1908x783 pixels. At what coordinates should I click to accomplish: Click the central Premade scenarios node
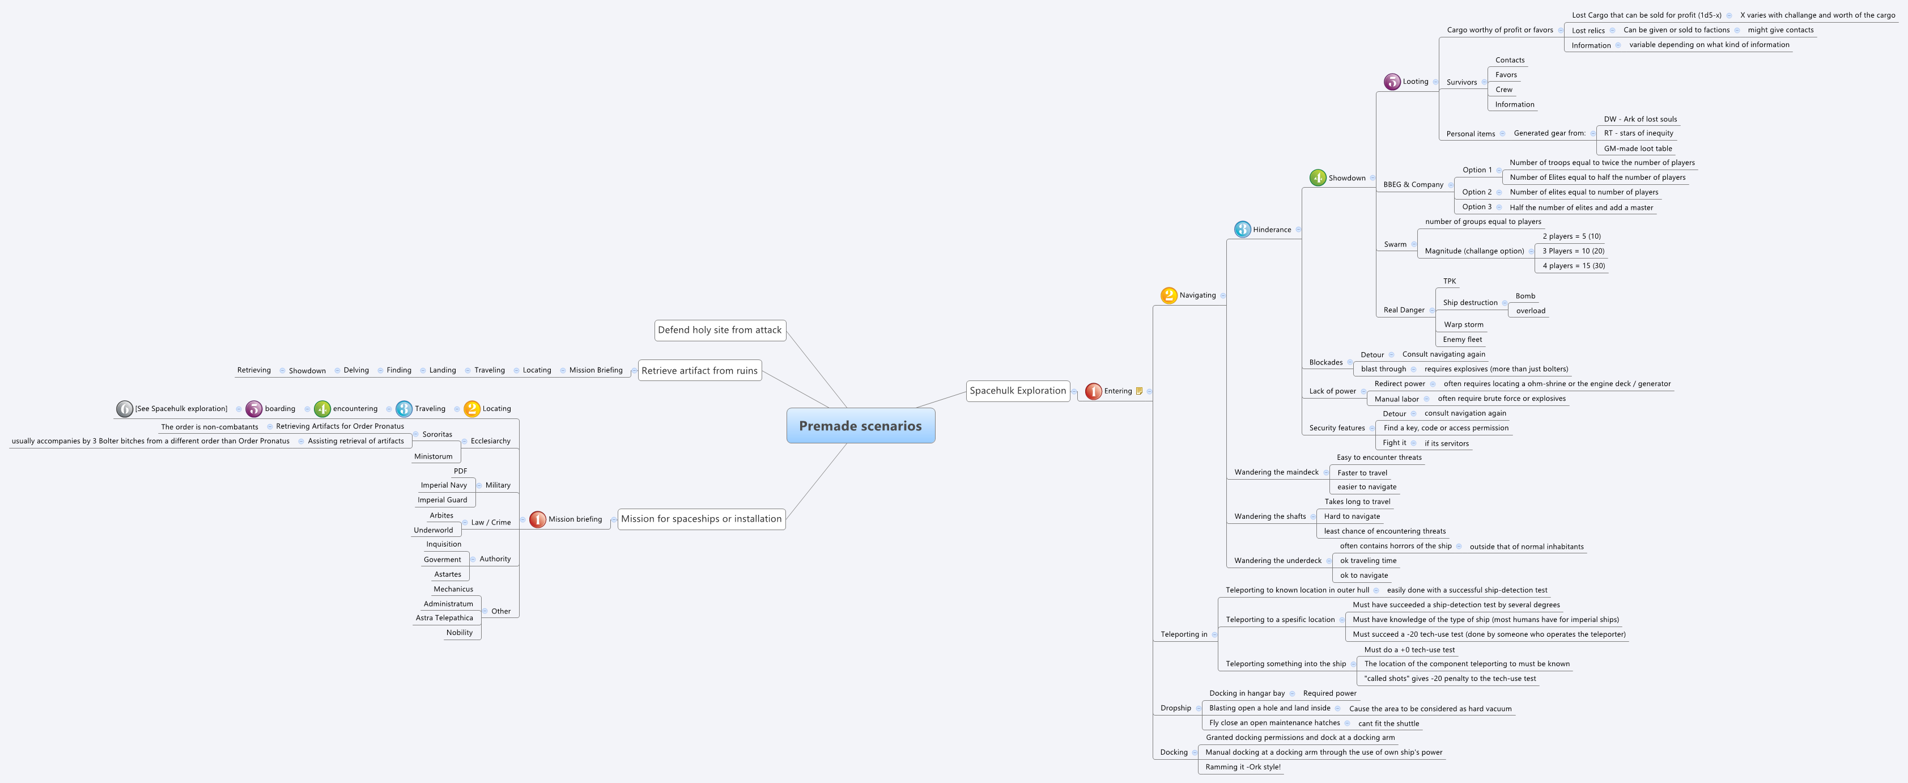point(860,426)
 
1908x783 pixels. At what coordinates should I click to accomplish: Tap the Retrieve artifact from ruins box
point(699,370)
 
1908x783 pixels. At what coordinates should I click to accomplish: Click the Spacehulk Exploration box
point(1018,391)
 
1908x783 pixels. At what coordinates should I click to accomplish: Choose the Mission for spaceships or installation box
point(700,519)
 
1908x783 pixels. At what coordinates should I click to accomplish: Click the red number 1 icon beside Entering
point(1093,391)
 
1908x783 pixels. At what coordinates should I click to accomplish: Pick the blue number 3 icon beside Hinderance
point(1242,230)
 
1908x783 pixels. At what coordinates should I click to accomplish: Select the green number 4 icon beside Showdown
point(1318,178)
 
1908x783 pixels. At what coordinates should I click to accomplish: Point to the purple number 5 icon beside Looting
point(1392,82)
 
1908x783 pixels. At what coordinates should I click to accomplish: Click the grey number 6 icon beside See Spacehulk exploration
point(125,409)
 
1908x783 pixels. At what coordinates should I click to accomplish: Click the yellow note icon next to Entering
point(1139,391)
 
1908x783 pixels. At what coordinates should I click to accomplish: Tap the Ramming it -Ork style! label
point(1242,767)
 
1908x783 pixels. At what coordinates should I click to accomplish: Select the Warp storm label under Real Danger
point(1463,324)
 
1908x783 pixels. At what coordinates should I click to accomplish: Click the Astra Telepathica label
point(444,618)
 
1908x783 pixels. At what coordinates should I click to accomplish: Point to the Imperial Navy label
point(444,485)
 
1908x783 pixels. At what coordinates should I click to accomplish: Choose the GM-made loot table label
point(1638,148)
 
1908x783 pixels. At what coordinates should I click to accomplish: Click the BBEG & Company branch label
point(1413,184)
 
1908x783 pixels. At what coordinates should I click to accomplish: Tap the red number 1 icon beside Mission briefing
point(538,519)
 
